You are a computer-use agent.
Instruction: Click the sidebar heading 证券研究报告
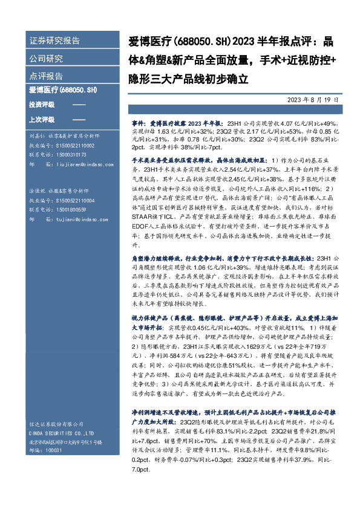click(54, 41)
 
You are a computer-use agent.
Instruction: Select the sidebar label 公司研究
click(46, 59)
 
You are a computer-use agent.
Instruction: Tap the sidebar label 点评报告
click(46, 77)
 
